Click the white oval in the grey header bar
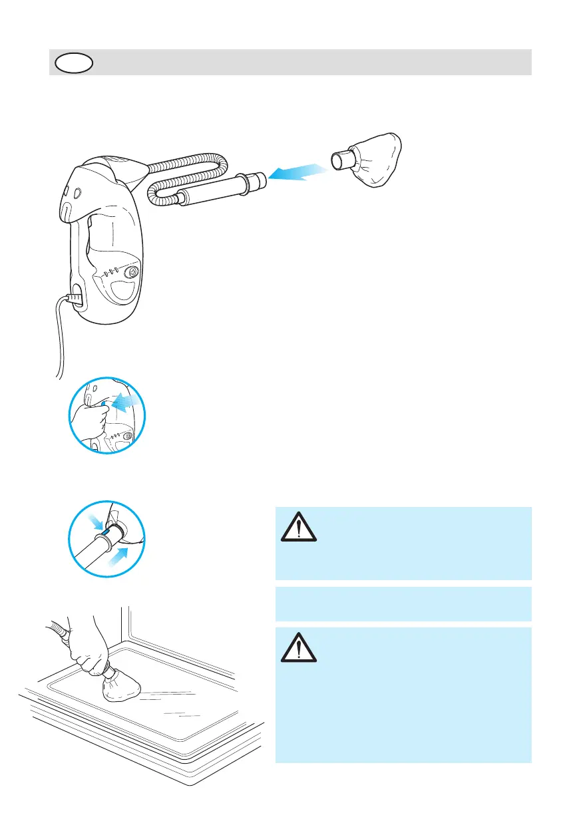75,63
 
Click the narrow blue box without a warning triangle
403,603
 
